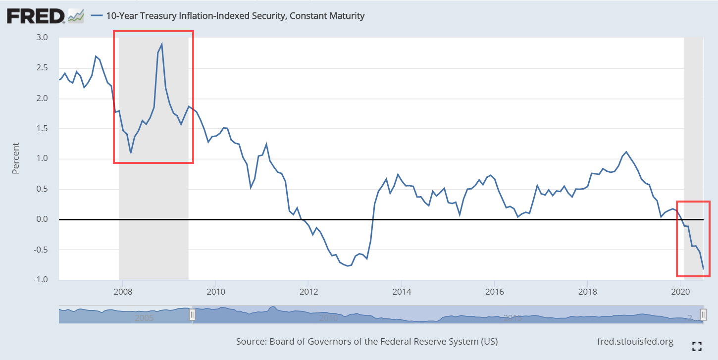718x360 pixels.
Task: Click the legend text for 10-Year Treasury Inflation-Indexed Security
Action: click(235, 16)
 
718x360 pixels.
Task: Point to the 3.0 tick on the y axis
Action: click(42, 38)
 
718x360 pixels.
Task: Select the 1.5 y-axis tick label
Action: click(42, 129)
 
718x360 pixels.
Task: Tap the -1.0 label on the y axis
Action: click(40, 280)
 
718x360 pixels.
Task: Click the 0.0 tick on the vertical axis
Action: click(42, 219)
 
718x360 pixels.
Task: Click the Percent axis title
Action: click(16, 158)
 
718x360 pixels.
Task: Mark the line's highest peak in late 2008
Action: click(162, 44)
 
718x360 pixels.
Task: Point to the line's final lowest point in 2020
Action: click(703, 269)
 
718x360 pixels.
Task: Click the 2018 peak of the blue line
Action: click(626, 152)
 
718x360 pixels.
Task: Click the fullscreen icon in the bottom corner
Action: click(697, 346)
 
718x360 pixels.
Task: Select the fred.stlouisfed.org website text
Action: click(636, 342)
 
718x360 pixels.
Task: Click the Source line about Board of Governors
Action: click(367, 342)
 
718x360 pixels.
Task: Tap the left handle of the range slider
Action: click(193, 315)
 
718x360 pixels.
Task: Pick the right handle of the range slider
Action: click(703, 315)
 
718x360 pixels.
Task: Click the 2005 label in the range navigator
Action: click(145, 317)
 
